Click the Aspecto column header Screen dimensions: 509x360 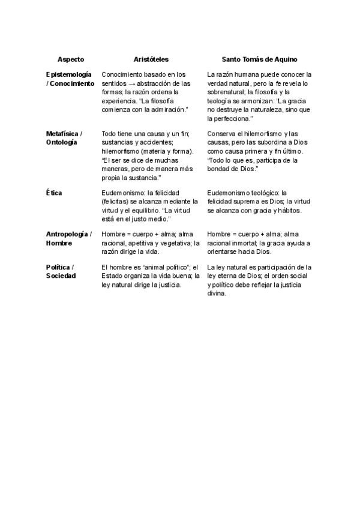(70, 59)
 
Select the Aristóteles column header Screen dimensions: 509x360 (151, 59)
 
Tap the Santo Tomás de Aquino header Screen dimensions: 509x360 (259, 59)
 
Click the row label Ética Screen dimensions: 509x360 (54, 193)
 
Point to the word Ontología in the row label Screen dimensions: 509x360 (61, 142)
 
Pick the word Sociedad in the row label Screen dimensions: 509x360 (61, 276)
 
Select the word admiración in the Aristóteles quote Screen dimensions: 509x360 (168, 110)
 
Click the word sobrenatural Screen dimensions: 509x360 (227, 92)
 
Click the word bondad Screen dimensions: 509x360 (221, 169)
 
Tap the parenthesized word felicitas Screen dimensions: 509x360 (116, 202)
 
